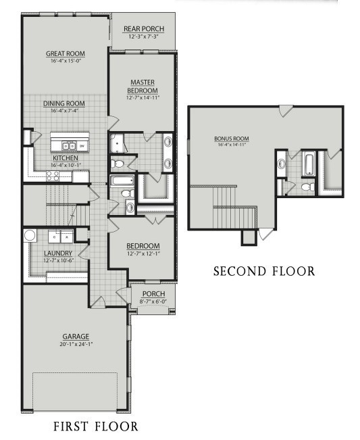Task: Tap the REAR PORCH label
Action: click(143, 28)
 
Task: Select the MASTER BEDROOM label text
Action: click(143, 87)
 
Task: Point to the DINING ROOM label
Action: click(64, 103)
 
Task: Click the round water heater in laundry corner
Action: click(30, 236)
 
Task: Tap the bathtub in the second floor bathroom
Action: click(309, 164)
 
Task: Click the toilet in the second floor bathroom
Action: click(306, 187)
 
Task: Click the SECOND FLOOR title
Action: click(263, 271)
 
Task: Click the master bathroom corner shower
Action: click(120, 143)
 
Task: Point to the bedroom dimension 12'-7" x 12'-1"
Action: click(143, 253)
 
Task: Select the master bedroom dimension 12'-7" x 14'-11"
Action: click(143, 97)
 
